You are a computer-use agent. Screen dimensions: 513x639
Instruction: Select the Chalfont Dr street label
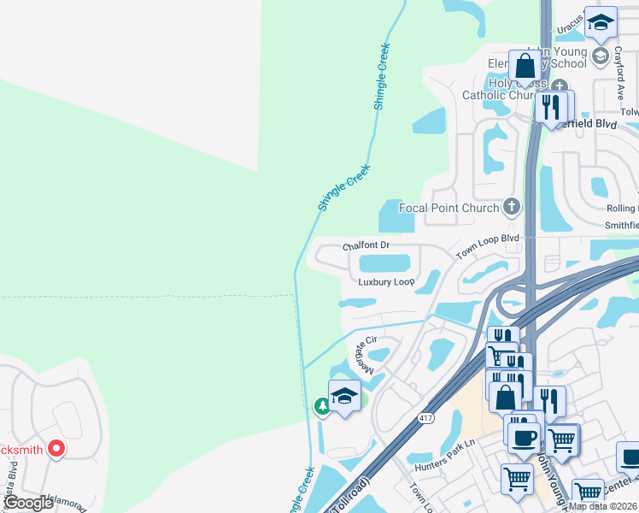(x=366, y=245)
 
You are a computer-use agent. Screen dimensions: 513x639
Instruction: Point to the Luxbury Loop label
(x=386, y=281)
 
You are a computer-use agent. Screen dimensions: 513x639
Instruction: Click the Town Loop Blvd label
(x=487, y=247)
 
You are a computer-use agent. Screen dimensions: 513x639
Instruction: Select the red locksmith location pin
(x=56, y=447)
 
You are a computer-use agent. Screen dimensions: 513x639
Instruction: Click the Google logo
(x=28, y=504)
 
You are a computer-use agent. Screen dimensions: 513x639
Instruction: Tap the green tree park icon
(x=323, y=406)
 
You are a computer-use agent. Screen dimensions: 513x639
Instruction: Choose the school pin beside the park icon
(x=344, y=397)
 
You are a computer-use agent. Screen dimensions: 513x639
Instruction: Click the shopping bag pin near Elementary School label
(x=525, y=67)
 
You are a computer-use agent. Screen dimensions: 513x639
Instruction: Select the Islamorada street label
(x=64, y=504)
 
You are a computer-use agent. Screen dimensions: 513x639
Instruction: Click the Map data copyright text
(x=603, y=506)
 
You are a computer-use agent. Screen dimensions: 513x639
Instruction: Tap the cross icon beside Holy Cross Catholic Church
(x=560, y=85)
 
